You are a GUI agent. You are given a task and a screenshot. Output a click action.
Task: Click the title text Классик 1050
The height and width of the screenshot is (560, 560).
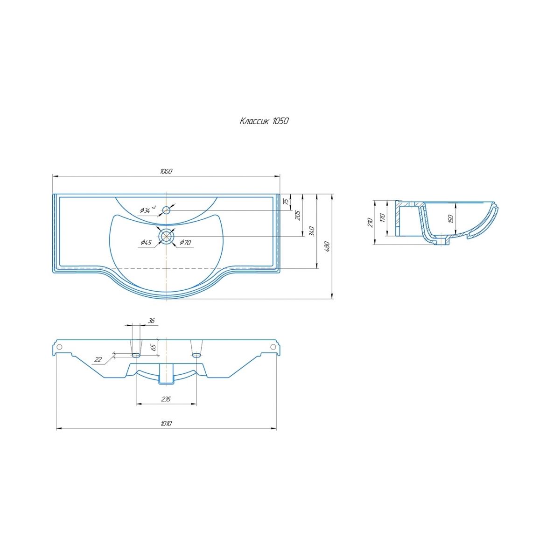click(264, 121)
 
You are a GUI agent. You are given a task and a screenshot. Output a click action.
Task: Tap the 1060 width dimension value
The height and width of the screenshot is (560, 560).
click(166, 171)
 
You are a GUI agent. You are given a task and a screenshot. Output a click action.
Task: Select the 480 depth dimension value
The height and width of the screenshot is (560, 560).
click(327, 246)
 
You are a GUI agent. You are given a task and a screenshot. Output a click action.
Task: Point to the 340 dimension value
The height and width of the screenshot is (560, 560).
click(312, 231)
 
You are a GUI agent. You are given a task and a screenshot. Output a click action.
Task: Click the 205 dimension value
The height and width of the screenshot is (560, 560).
click(298, 215)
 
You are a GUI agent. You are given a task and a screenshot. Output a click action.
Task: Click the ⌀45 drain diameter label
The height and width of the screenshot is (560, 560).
click(146, 242)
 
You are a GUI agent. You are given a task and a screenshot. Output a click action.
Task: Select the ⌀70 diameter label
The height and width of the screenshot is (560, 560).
click(185, 242)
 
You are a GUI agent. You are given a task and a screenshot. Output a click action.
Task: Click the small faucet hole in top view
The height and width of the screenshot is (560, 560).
click(166, 210)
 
